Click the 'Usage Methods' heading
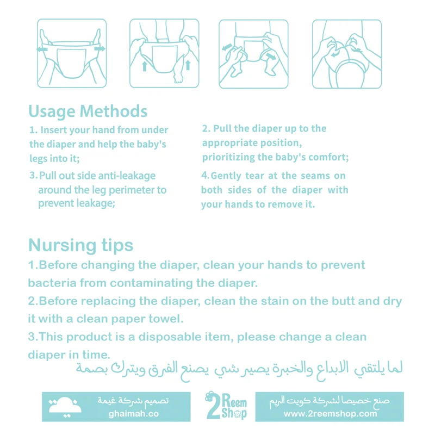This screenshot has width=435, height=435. [88, 111]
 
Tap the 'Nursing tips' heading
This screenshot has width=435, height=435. [80, 245]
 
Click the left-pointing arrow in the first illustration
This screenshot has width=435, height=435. [42, 49]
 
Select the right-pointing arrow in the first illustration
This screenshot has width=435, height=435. [100, 49]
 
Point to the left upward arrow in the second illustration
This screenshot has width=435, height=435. [144, 66]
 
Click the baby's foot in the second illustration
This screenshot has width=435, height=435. [178, 77]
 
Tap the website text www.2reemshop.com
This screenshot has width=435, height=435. [330, 414]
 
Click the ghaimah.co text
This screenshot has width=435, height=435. [133, 414]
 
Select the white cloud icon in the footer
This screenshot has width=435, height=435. [65, 406]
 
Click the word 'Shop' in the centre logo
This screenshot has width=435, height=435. [234, 413]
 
